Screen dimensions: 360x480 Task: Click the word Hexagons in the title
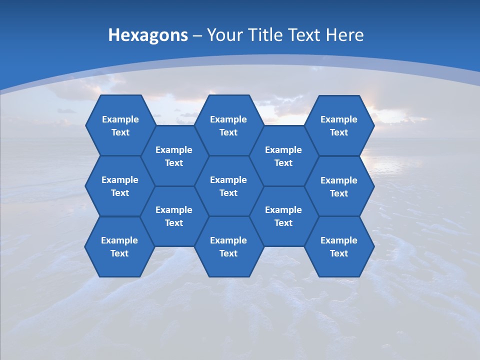coord(148,35)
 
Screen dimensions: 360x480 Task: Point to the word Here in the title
coord(344,35)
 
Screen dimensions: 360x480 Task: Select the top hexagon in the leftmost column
coord(120,125)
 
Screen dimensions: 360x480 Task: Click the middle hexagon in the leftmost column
coord(120,186)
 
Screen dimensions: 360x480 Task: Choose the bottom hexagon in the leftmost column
coord(119,246)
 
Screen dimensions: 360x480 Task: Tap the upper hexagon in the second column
coord(174,156)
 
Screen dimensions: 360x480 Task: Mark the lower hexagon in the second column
coord(174,216)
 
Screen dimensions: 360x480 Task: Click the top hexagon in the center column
coord(228,125)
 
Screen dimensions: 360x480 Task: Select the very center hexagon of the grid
coord(228,186)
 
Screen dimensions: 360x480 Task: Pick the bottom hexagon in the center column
coord(228,246)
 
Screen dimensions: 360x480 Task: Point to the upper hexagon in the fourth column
coord(283,156)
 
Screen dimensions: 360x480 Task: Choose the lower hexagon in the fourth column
coord(283,216)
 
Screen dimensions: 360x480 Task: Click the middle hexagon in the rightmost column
coord(339,186)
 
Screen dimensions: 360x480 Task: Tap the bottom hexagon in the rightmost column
coord(339,246)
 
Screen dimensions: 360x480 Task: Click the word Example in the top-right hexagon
coord(339,119)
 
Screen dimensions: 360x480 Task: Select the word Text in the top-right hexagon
coord(339,132)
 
